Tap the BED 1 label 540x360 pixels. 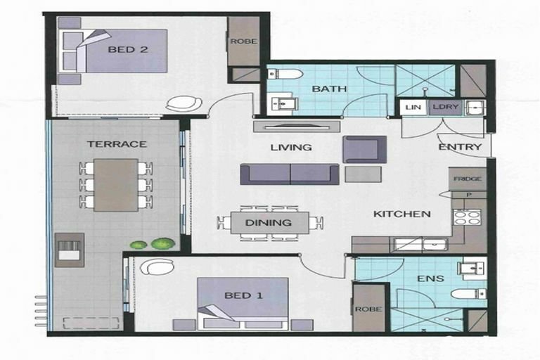243,295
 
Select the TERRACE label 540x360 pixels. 117,143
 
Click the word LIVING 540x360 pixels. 291,148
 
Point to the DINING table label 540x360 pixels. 269,223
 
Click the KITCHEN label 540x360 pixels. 402,214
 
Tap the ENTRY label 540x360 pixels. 460,147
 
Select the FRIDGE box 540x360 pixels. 468,179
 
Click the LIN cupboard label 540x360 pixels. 413,107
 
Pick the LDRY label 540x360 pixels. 446,107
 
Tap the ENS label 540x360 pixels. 430,278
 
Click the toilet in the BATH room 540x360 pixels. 285,73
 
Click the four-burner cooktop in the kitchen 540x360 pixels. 467,217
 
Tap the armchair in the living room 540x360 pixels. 364,149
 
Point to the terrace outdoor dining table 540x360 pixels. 116,185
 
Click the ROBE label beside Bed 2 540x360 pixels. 244,41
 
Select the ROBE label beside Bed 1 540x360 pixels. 368,309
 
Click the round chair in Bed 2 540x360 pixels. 184,103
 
